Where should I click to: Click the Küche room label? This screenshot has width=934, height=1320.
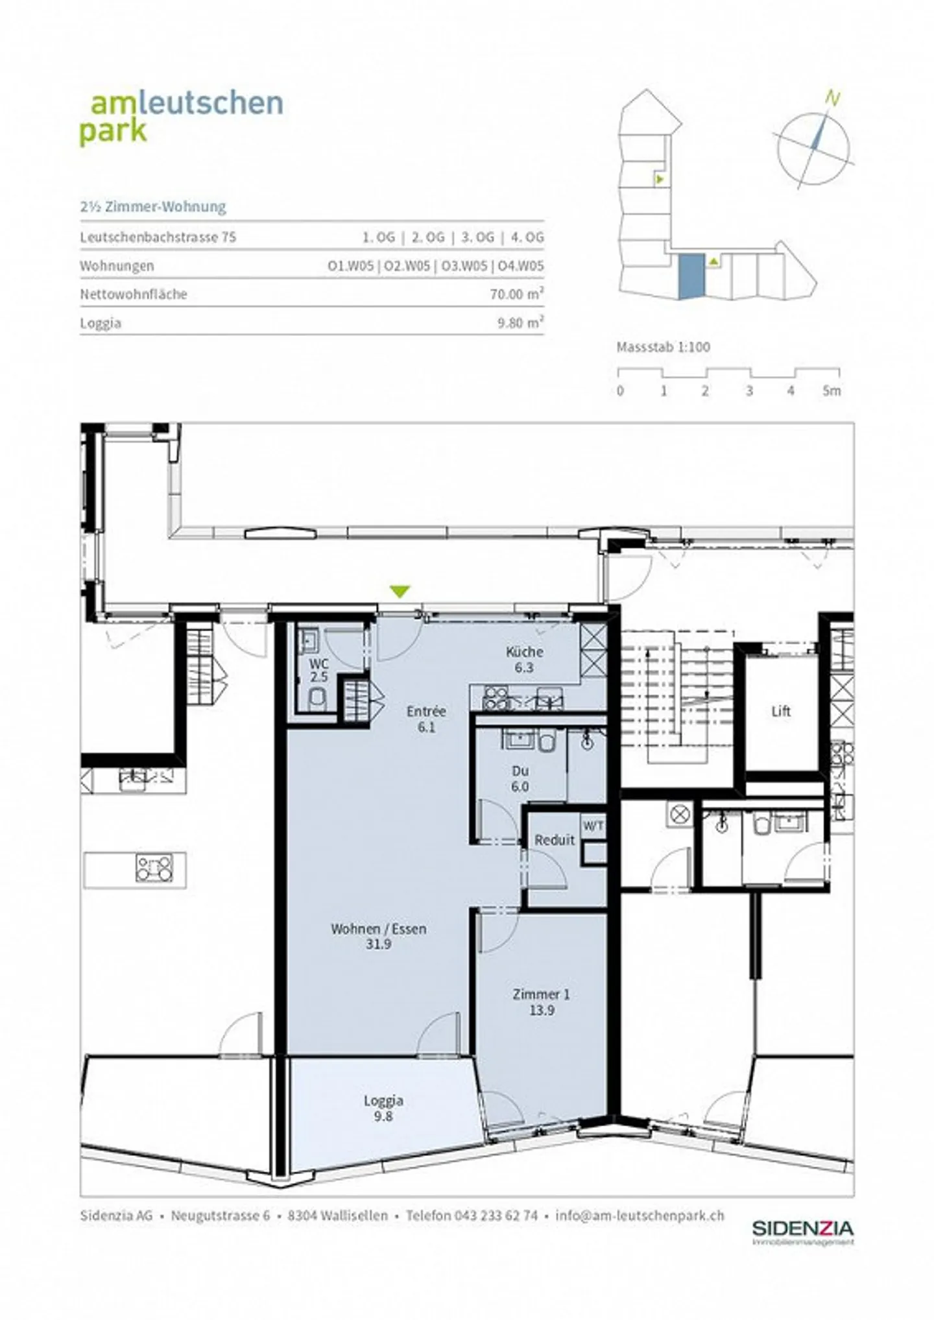click(524, 651)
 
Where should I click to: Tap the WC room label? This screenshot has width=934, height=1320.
click(319, 664)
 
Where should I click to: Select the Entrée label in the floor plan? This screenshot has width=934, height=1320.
click(426, 711)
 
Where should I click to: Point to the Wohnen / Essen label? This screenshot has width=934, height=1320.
click(379, 929)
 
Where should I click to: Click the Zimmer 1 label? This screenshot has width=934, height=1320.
click(542, 994)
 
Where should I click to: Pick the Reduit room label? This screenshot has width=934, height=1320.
click(555, 840)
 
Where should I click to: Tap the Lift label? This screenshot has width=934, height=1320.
click(781, 711)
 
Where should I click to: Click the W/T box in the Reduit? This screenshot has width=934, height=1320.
click(593, 826)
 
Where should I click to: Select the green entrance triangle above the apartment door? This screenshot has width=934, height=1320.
click(400, 591)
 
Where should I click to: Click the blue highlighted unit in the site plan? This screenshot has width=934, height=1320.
click(691, 276)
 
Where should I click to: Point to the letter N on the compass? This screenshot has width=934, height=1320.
click(833, 99)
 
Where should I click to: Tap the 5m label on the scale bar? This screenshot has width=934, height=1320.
click(832, 390)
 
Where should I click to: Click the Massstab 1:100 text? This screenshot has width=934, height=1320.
click(663, 346)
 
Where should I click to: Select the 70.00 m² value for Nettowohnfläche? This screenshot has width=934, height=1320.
click(517, 294)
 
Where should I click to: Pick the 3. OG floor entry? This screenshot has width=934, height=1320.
click(477, 237)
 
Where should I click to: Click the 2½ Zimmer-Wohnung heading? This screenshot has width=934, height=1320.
click(153, 207)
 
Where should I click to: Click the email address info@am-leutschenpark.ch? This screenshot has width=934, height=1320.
click(640, 1216)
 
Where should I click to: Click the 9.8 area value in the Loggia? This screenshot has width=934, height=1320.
click(383, 1116)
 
